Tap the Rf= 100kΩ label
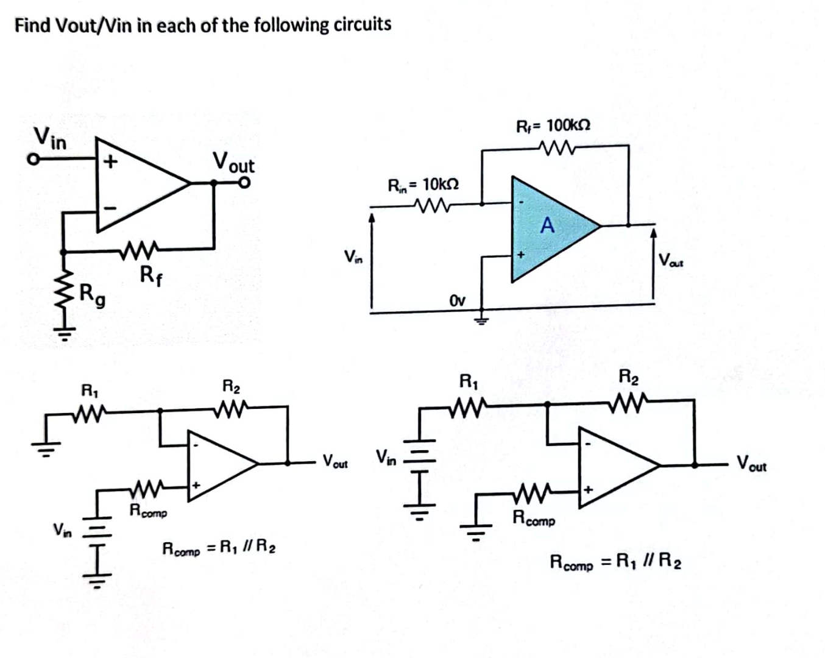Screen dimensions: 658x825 tap(553, 126)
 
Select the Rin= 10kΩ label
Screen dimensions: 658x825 tap(423, 184)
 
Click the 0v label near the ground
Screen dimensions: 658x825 tap(457, 301)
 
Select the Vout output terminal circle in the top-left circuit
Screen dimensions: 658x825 tap(245, 182)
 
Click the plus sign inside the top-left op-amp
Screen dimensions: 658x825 tap(110, 162)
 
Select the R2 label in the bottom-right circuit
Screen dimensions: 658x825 tap(628, 377)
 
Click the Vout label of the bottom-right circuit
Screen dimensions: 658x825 tap(751, 464)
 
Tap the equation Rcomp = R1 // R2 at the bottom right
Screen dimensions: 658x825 tap(615, 562)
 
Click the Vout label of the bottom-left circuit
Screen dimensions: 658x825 tap(335, 462)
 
